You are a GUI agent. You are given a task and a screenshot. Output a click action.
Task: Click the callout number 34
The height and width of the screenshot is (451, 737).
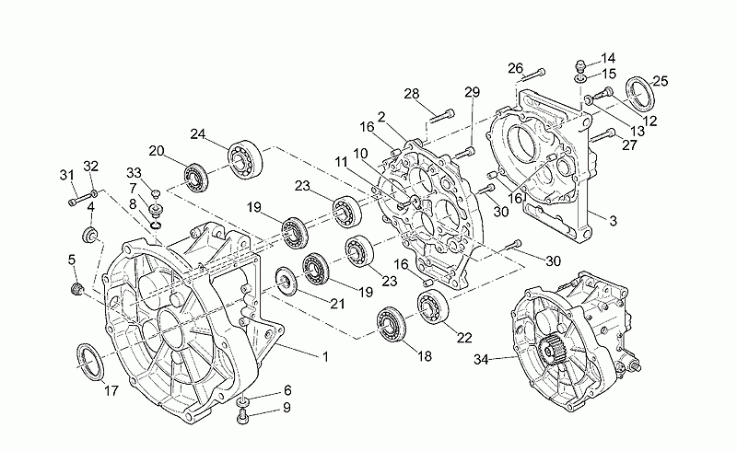click(x=481, y=360)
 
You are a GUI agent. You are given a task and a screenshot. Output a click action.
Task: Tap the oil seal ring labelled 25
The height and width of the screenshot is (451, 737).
click(x=639, y=93)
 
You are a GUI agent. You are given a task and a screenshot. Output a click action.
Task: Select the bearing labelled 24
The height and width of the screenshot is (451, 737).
click(x=245, y=159)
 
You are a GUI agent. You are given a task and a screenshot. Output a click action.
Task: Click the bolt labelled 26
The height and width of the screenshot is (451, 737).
click(x=533, y=75)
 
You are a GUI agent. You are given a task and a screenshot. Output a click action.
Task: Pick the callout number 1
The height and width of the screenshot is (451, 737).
click(x=325, y=356)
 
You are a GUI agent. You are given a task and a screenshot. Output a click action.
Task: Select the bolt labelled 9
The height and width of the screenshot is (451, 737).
click(x=242, y=416)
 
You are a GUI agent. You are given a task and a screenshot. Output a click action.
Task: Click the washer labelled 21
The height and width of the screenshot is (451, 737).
click(x=286, y=281)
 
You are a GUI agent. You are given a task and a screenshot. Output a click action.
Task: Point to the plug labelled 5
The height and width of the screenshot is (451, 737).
click(x=76, y=289)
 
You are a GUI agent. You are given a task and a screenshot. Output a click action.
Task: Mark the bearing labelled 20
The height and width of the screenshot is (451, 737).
click(x=195, y=179)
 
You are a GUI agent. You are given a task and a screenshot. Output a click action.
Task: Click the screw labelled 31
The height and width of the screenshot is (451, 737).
click(x=79, y=199)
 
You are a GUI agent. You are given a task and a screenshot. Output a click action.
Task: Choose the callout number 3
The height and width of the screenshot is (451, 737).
click(x=613, y=220)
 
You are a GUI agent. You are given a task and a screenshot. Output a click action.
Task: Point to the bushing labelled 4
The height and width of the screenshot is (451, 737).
click(x=89, y=235)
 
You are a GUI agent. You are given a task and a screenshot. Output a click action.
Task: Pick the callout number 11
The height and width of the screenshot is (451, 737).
click(x=341, y=163)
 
